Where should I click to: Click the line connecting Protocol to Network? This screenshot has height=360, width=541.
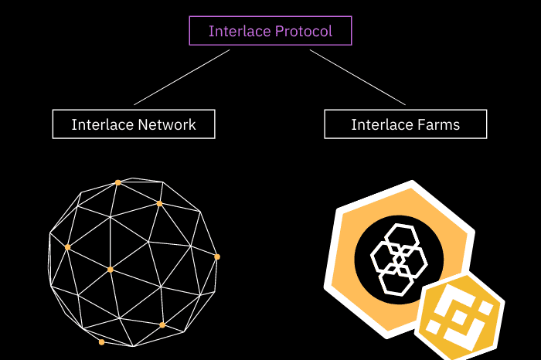click(182, 77)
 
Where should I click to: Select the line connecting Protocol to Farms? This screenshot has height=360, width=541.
click(357, 77)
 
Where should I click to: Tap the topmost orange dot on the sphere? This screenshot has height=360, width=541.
click(117, 183)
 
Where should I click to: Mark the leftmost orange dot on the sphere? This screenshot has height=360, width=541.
click(67, 247)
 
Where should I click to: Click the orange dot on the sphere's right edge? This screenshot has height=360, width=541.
click(217, 256)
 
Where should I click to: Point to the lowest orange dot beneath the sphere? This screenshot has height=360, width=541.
click(101, 341)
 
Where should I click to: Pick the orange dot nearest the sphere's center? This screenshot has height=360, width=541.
click(111, 270)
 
